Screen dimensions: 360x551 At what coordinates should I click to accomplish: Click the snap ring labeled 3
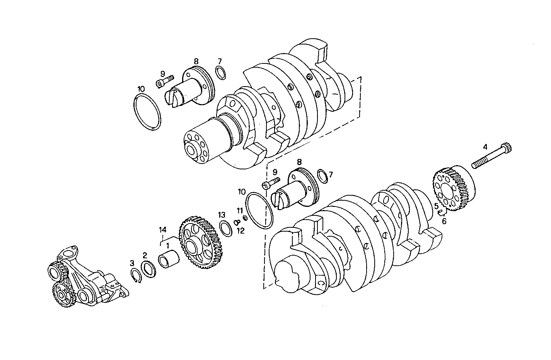pyautogui.click(x=135, y=276)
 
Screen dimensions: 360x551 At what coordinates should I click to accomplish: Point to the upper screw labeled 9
pyautogui.click(x=165, y=82)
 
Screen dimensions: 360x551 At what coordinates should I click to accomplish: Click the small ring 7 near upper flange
pyautogui.click(x=220, y=73)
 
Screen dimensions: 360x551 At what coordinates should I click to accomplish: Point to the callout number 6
pyautogui.click(x=444, y=221)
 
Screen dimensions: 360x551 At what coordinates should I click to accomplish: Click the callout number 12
pyautogui.click(x=241, y=231)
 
